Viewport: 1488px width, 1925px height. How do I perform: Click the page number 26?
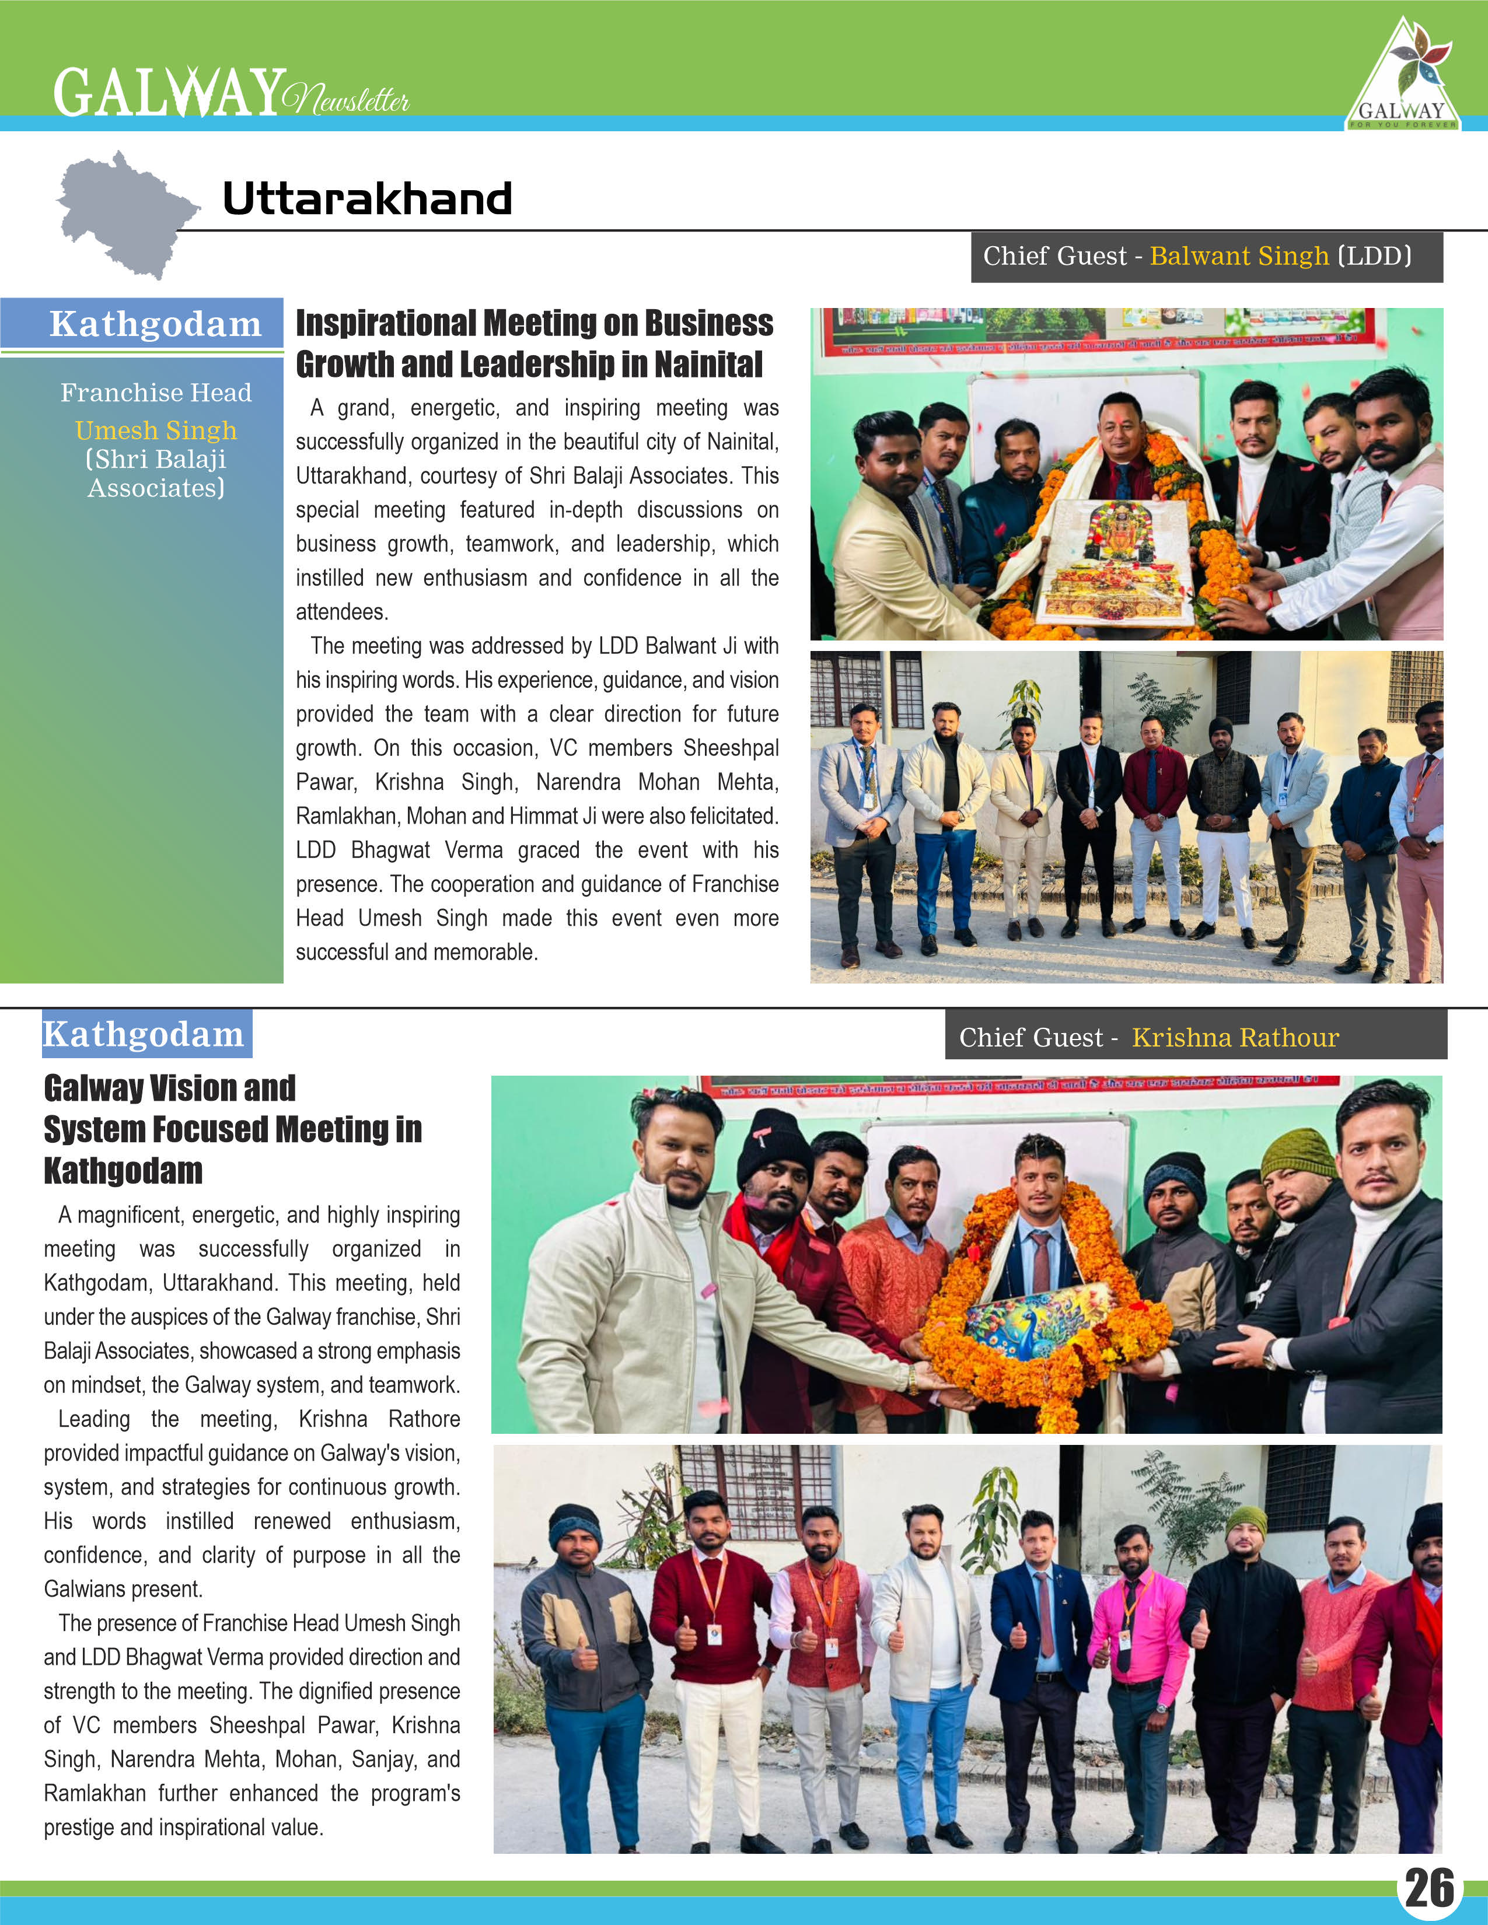pyautogui.click(x=1429, y=1888)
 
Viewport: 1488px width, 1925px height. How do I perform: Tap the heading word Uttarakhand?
pyautogui.click(x=366, y=198)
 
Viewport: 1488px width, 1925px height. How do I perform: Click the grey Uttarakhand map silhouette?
pyautogui.click(x=123, y=212)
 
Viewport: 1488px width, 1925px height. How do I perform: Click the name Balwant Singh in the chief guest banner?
pyautogui.click(x=1238, y=257)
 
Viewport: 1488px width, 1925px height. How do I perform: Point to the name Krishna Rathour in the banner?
pyautogui.click(x=1235, y=1037)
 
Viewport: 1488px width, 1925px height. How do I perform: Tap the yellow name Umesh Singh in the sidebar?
pyautogui.click(x=156, y=430)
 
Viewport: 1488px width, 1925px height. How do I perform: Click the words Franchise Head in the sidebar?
pyautogui.click(x=156, y=392)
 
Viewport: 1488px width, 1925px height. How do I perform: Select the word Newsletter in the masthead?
pyautogui.click(x=347, y=99)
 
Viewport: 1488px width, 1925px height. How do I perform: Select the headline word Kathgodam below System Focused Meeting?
pyautogui.click(x=123, y=1171)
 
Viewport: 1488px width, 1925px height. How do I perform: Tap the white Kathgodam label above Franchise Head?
pyautogui.click(x=155, y=324)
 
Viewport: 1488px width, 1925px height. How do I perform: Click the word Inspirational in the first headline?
pyautogui.click(x=386, y=324)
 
